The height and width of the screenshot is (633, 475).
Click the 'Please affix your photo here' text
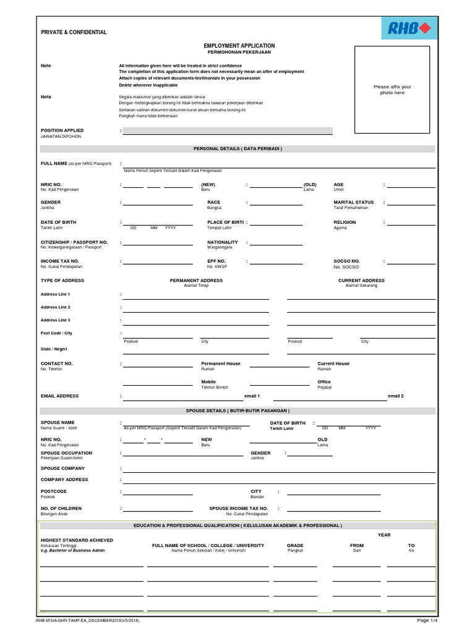(392, 90)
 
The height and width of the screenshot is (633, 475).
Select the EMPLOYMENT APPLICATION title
(239, 46)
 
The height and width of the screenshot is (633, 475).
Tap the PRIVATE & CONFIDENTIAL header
(74, 32)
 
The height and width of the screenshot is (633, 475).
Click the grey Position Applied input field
(228, 131)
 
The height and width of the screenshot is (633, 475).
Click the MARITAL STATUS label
(354, 202)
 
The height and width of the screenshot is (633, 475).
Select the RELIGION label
(344, 222)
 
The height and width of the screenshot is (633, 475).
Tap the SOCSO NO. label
(346, 261)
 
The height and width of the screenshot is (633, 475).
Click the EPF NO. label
(216, 261)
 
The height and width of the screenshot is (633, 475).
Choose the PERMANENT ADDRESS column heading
(196, 281)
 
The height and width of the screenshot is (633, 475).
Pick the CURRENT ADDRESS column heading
(361, 281)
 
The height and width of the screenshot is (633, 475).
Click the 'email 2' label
(395, 396)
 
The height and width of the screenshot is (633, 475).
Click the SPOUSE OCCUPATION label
(66, 453)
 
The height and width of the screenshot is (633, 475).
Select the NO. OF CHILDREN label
(61, 508)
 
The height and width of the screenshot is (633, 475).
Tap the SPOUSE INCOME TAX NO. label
(238, 508)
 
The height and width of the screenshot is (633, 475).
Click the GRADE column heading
(295, 546)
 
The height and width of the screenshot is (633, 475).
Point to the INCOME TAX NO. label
(60, 261)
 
